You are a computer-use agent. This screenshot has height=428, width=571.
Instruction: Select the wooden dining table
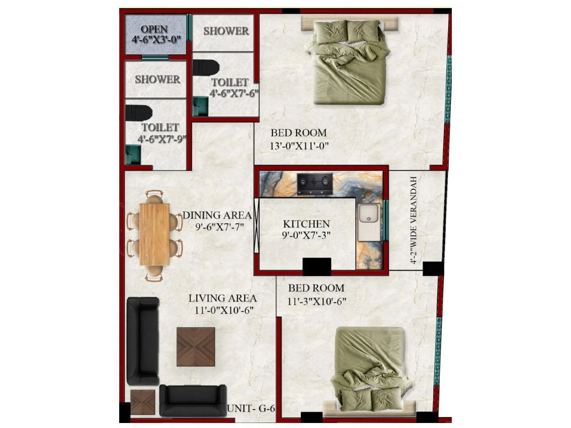tap(154, 234)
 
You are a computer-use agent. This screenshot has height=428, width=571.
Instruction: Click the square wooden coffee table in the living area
tap(196, 347)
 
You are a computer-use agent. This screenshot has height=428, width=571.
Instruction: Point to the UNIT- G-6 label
tap(251, 408)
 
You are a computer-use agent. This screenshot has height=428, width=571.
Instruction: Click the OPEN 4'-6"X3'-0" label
tap(155, 34)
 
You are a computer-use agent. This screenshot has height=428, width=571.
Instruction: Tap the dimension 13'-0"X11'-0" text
tap(299, 146)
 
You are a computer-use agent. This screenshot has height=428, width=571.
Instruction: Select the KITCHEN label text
tap(306, 224)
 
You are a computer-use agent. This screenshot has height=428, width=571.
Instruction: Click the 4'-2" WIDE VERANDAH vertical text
tap(414, 220)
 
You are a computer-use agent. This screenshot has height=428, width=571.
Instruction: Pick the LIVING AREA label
tap(222, 298)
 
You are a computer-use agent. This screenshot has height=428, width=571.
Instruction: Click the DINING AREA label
tap(217, 215)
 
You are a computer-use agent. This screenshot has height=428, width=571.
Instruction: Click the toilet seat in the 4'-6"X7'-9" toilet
tap(138, 112)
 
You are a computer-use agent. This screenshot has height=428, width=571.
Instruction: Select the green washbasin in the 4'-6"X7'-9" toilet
tap(133, 155)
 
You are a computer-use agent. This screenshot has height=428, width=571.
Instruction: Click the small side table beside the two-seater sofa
tap(143, 402)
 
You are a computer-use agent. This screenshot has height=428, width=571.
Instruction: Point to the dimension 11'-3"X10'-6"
tap(317, 302)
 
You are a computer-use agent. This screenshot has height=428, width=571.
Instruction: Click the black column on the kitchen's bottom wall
tap(317, 266)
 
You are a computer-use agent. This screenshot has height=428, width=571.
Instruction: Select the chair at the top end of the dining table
tap(154, 198)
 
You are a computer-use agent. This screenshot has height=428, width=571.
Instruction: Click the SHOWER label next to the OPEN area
tap(226, 31)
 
